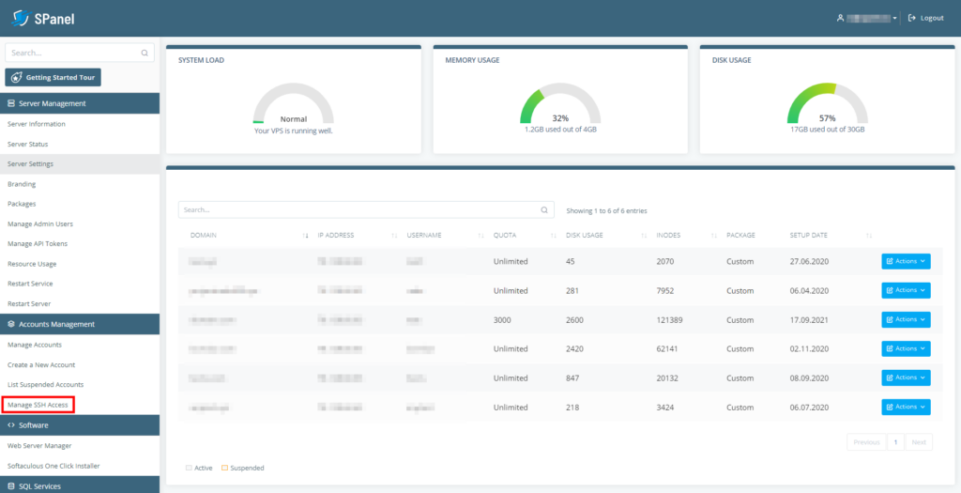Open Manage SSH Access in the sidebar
coord(38,405)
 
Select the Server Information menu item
coord(37,124)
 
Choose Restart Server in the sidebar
coord(29,303)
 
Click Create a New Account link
coord(41,364)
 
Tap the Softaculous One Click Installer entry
coord(53,466)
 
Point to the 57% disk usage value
coord(827,118)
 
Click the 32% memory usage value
coord(560,118)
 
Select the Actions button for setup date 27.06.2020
coord(906,261)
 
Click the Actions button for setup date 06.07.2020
coord(906,408)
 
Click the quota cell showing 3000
coord(504,320)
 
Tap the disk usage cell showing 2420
coord(577,349)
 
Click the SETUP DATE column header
coord(808,235)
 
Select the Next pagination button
coord(919,441)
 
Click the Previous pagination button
coord(866,441)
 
